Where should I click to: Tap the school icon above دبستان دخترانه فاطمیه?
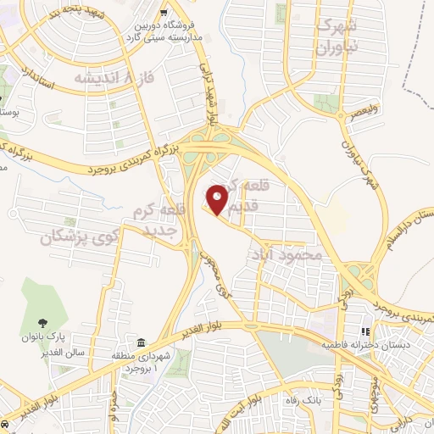point(366,331)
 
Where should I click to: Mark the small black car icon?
point(5,422)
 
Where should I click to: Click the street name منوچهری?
point(373,398)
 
